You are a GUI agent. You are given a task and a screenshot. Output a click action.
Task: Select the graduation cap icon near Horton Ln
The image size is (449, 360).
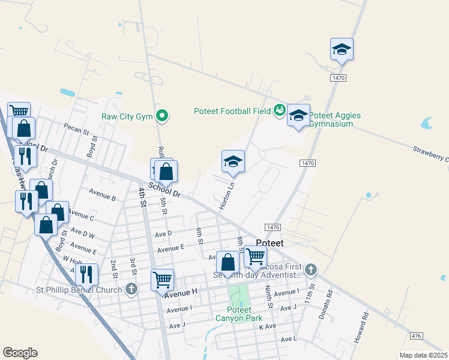233,162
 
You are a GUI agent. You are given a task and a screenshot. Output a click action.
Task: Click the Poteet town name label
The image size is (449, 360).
269,243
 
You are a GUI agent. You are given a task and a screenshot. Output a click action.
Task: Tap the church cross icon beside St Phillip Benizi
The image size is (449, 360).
132,289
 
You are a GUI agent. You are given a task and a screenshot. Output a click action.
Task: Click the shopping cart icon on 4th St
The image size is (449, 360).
162,280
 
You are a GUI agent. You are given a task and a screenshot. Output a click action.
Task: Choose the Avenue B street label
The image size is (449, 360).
102,196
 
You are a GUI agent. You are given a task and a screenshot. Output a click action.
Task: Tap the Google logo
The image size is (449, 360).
20,353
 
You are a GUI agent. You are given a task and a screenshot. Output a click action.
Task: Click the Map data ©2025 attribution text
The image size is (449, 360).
423,355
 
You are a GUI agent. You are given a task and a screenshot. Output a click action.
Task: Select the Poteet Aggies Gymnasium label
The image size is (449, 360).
336,119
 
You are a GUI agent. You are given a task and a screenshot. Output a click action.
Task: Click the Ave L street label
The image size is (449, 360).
289,339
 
